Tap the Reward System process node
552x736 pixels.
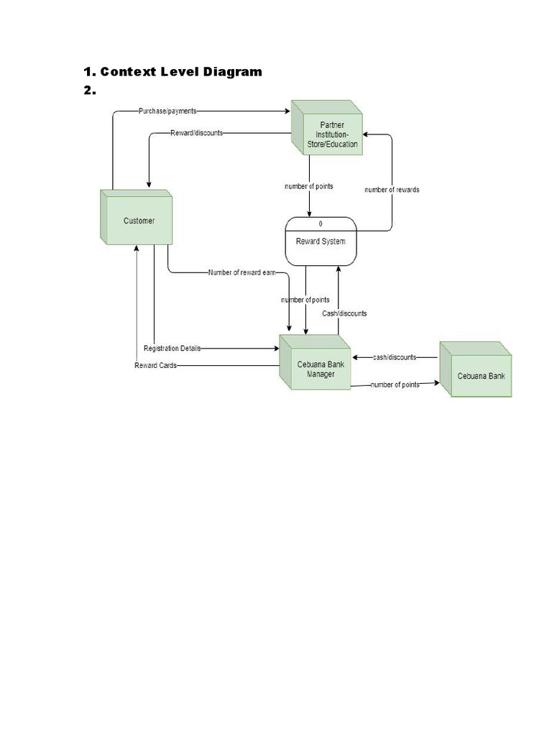pos(321,241)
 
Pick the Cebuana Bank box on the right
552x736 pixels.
pos(477,375)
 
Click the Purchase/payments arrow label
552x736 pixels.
pos(167,111)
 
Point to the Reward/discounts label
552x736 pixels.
pos(196,133)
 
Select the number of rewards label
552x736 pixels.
pos(392,190)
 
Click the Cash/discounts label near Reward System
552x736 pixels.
pos(344,313)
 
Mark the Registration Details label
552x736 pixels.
pos(172,348)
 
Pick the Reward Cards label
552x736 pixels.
pos(155,365)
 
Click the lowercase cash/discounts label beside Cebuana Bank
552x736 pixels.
pos(395,357)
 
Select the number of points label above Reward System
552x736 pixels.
pos(309,187)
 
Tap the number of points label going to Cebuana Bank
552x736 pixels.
pos(395,385)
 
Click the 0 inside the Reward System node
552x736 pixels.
pos(321,224)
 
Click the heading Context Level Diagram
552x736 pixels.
pos(172,71)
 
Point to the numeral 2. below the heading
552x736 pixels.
pos(89,91)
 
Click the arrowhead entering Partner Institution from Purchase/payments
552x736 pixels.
pos(287,111)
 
